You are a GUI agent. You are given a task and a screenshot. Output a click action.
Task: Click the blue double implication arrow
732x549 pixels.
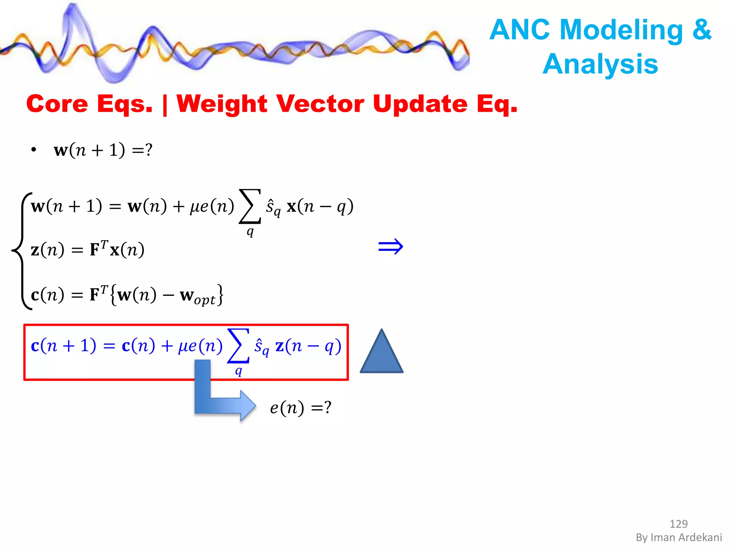pyautogui.click(x=390, y=247)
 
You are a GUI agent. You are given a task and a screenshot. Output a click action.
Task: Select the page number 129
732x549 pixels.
pyautogui.click(x=678, y=524)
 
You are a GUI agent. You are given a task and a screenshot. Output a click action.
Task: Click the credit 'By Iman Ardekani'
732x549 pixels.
pyautogui.click(x=678, y=537)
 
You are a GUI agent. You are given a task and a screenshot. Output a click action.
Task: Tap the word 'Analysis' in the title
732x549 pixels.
pyautogui.click(x=600, y=64)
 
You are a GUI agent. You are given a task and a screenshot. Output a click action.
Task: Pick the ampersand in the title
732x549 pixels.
pyautogui.click(x=702, y=30)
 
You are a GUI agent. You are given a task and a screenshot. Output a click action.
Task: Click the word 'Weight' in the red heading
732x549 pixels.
pyautogui.click(x=222, y=104)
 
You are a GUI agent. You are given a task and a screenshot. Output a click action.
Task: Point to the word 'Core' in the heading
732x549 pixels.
pyautogui.click(x=57, y=104)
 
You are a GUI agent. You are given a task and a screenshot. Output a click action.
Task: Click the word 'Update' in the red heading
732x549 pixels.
pyautogui.click(x=420, y=104)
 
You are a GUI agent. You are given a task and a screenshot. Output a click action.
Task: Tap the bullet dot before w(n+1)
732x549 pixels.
pyautogui.click(x=34, y=150)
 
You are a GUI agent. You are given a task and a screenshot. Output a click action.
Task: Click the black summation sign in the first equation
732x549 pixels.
pyautogui.click(x=250, y=206)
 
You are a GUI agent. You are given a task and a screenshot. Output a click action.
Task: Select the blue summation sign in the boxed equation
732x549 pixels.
pyautogui.click(x=238, y=346)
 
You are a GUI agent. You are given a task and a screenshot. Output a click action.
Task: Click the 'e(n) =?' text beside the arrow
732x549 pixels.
pyautogui.click(x=301, y=407)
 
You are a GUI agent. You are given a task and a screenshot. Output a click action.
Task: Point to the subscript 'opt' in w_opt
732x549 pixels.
pyautogui.click(x=205, y=300)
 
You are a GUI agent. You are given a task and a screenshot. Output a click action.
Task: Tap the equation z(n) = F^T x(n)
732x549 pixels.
pyautogui.click(x=88, y=249)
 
